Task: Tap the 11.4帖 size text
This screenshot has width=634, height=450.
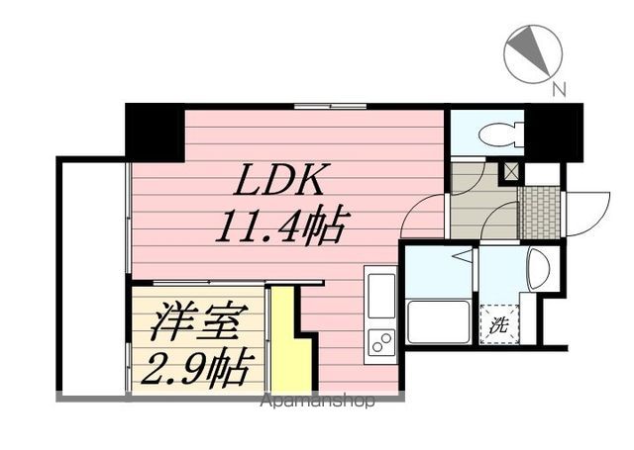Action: click(x=281, y=228)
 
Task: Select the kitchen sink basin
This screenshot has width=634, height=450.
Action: click(x=380, y=294)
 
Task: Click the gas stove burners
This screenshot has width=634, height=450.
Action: click(x=380, y=341)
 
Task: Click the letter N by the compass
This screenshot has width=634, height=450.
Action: click(x=559, y=90)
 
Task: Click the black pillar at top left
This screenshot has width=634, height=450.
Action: click(x=155, y=132)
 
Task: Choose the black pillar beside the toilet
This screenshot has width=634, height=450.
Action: click(x=552, y=133)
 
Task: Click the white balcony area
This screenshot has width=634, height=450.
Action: click(x=92, y=277)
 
